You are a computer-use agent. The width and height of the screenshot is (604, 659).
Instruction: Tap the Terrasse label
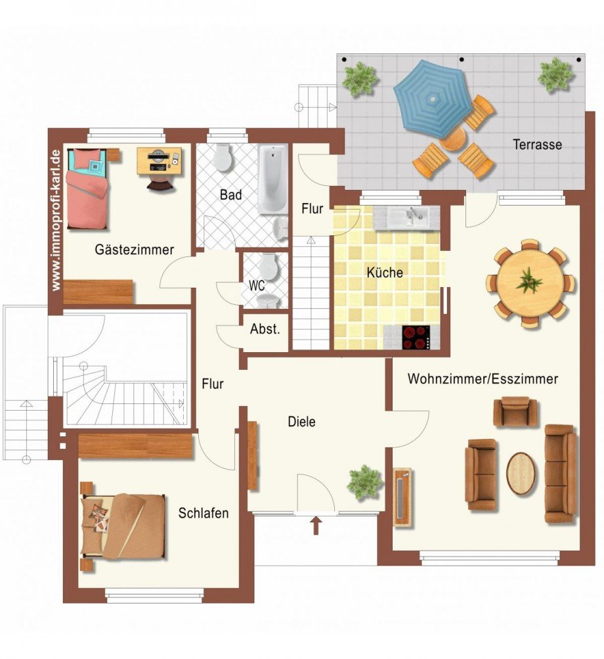537,145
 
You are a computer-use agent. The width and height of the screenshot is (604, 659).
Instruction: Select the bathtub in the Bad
272,179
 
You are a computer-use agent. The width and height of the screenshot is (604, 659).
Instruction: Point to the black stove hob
416,338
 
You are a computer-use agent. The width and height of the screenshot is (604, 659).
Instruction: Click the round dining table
530,283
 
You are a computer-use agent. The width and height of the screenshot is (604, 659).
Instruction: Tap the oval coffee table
521,474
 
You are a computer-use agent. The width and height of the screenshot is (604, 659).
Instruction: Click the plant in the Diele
364,482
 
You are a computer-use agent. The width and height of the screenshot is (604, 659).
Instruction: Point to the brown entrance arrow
316,526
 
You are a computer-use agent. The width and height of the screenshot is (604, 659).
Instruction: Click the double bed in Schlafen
123,526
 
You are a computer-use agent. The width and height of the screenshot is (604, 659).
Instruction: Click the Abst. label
265,329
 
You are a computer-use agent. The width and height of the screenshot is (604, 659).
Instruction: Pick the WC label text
257,286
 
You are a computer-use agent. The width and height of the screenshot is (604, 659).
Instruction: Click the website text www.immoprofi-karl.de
56,220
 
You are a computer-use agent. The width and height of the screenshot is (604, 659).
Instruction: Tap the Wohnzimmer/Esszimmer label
483,379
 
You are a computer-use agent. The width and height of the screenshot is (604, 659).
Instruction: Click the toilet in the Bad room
222,157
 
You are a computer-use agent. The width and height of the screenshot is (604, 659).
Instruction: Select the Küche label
385,273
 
